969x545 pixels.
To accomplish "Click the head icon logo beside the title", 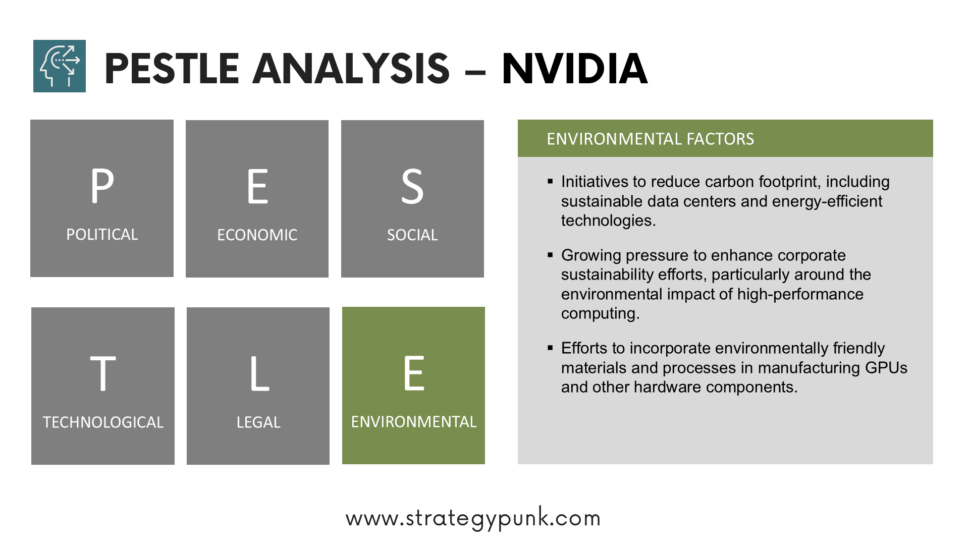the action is pyautogui.click(x=60, y=66).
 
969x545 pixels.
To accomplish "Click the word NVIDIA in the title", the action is pyautogui.click(x=575, y=69).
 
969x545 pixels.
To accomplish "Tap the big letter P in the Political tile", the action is pyautogui.click(x=102, y=186).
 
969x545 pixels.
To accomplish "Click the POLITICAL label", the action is pyautogui.click(x=102, y=235).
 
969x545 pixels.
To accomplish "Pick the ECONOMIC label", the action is pyautogui.click(x=257, y=235).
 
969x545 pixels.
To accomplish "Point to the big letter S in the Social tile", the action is pyautogui.click(x=412, y=187).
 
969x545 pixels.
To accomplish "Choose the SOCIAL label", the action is pyautogui.click(x=412, y=235).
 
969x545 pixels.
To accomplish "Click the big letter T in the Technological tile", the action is pyautogui.click(x=103, y=373).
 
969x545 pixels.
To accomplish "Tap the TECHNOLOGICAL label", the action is pyautogui.click(x=103, y=422).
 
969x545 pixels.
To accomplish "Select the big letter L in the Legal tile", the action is pyautogui.click(x=259, y=373).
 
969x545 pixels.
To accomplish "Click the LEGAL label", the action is pyautogui.click(x=258, y=422).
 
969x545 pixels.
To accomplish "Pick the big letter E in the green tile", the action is pyautogui.click(x=414, y=373).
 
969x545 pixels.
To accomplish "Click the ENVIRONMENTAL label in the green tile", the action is pyautogui.click(x=414, y=422).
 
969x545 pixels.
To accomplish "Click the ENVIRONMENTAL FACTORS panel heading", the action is pyautogui.click(x=650, y=139).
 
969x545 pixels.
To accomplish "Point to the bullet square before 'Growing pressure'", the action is pyautogui.click(x=550, y=255).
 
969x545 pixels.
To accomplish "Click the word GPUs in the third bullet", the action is pyautogui.click(x=886, y=368).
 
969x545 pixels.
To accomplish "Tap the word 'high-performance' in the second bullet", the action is pyautogui.click(x=800, y=294).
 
